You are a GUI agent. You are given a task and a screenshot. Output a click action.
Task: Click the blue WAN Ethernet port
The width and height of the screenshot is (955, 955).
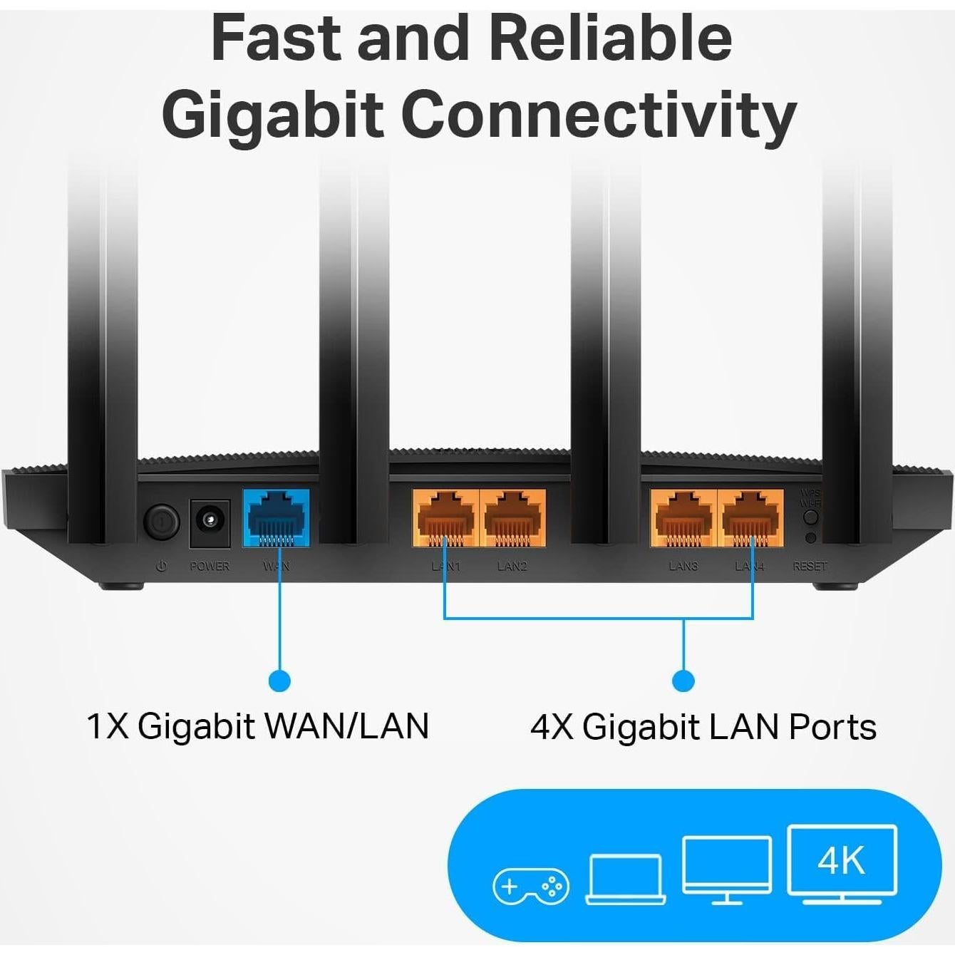(277, 517)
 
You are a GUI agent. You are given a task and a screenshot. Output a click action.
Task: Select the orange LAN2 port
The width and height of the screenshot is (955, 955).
(513, 517)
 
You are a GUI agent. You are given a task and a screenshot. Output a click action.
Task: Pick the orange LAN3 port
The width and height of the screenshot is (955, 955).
(683, 517)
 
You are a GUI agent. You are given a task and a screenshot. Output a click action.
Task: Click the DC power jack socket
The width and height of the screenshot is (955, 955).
(210, 522)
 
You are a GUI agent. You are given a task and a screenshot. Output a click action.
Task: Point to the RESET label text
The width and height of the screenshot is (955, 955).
(810, 567)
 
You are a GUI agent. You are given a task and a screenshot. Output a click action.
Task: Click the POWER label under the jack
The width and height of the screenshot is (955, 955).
(210, 567)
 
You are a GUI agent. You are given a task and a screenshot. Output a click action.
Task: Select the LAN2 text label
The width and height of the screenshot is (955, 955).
(512, 567)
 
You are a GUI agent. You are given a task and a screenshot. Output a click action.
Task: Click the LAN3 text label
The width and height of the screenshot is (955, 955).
(683, 567)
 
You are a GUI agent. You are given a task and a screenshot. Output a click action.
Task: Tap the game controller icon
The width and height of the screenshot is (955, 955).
(531, 887)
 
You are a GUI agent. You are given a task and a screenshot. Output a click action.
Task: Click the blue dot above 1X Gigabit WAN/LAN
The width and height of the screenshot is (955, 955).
(279, 681)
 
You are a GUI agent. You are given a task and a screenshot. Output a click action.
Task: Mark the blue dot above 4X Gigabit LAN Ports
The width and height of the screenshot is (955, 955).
(683, 681)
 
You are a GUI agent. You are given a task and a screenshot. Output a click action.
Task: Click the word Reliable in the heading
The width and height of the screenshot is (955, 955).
(611, 38)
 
